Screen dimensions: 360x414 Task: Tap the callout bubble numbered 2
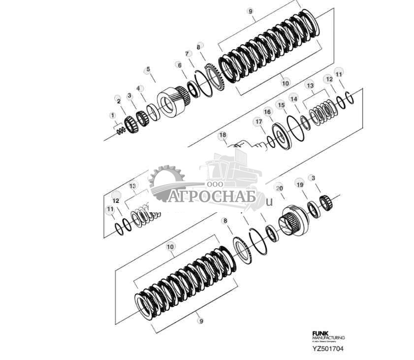point(118,100)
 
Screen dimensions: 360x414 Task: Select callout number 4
point(139,89)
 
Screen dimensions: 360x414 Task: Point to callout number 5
point(148,69)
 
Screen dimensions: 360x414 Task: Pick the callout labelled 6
point(179,65)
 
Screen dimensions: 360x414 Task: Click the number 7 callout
point(187,53)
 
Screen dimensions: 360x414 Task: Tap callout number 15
point(281,105)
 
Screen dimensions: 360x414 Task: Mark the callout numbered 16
point(267,112)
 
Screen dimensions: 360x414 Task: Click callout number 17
point(258,121)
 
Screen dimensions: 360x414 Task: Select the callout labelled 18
point(223,135)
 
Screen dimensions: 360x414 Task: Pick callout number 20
point(280,188)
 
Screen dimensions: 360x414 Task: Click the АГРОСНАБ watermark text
point(212,197)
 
